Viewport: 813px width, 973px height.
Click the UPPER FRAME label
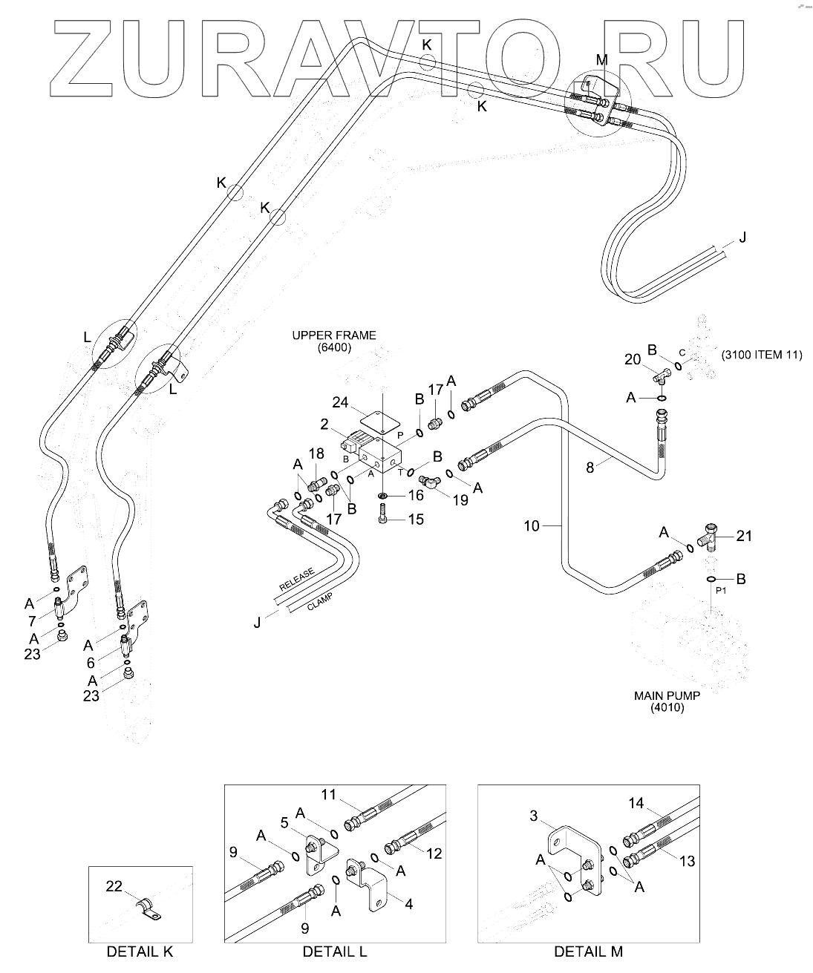tap(334, 335)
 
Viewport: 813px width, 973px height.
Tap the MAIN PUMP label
tap(667, 695)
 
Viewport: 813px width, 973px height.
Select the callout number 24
tap(340, 402)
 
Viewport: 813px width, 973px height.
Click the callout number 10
tap(531, 526)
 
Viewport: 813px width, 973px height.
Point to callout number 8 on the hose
tap(590, 468)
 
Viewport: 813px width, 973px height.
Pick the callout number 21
tap(744, 536)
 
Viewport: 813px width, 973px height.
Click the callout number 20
tap(633, 359)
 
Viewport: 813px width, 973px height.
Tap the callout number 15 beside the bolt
tap(416, 520)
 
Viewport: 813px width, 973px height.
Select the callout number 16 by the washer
tap(416, 495)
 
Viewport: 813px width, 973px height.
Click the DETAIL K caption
tap(140, 951)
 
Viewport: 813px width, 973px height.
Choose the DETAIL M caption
tap(588, 951)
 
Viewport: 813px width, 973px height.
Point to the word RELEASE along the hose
tap(296, 579)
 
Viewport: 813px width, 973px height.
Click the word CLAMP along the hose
tap(320, 601)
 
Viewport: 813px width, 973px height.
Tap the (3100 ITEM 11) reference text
tap(762, 355)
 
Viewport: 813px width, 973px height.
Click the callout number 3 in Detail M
tap(534, 816)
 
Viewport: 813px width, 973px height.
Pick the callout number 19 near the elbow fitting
tap(460, 500)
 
